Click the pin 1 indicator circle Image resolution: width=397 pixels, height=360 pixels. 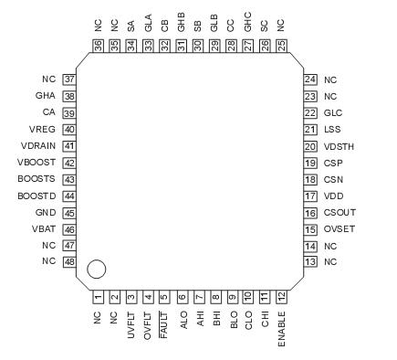pyautogui.click(x=96, y=269)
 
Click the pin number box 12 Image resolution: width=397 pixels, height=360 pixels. pyautogui.click(x=283, y=296)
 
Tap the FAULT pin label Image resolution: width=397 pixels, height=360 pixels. pyautogui.click(x=164, y=323)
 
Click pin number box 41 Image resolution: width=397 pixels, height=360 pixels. pyautogui.click(x=68, y=146)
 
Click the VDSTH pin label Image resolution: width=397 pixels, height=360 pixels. pyautogui.click(x=340, y=146)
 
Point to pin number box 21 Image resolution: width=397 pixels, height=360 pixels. pyautogui.click(x=309, y=130)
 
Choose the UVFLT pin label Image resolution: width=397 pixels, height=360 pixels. pyautogui.click(x=131, y=323)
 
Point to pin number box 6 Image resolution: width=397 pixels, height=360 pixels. pyautogui.click(x=182, y=296)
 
